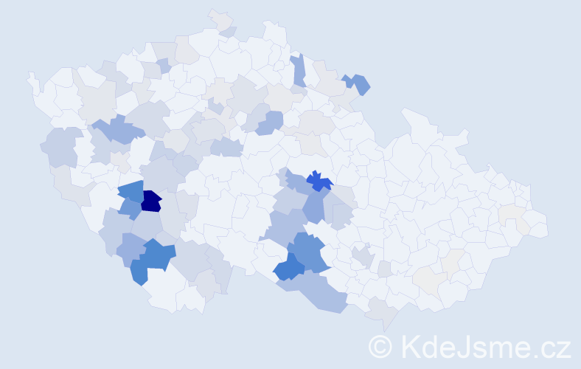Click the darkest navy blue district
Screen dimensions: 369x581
click(x=151, y=201)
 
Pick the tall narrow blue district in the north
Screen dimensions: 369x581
click(x=299, y=71)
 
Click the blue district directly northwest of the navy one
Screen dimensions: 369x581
click(x=131, y=191)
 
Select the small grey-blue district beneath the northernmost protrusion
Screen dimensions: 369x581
click(x=229, y=32)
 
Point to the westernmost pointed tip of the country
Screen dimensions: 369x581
click(x=30, y=75)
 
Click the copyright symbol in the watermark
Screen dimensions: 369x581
click(x=380, y=345)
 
